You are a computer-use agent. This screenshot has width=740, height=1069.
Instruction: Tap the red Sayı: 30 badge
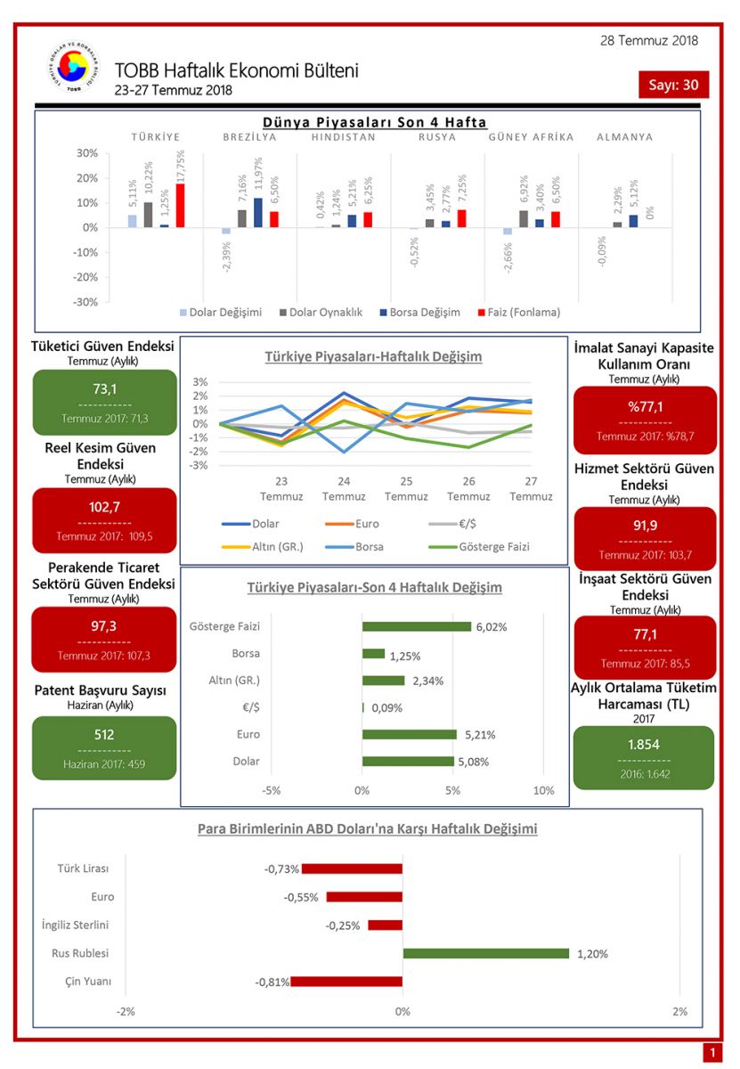[673, 85]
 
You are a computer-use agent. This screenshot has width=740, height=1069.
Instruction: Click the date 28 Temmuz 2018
[648, 40]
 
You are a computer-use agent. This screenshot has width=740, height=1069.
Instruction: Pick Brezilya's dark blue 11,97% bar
[258, 213]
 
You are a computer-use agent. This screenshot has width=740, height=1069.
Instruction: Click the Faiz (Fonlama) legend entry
[524, 312]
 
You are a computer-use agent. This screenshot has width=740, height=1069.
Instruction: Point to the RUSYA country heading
[436, 137]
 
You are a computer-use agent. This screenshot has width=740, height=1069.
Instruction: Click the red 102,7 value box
[104, 520]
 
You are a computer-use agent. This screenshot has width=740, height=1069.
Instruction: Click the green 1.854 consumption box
[644, 757]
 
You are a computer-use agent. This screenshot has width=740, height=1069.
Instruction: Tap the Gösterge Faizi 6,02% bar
[416, 626]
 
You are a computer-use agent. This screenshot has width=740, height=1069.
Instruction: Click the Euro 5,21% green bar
[409, 735]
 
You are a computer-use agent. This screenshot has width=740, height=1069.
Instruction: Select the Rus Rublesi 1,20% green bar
[485, 953]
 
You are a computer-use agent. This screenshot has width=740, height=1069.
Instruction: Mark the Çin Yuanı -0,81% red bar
[346, 982]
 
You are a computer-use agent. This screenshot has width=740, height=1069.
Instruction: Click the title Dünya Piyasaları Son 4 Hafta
[374, 123]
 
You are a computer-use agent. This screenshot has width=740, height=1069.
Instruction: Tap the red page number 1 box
[712, 1053]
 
